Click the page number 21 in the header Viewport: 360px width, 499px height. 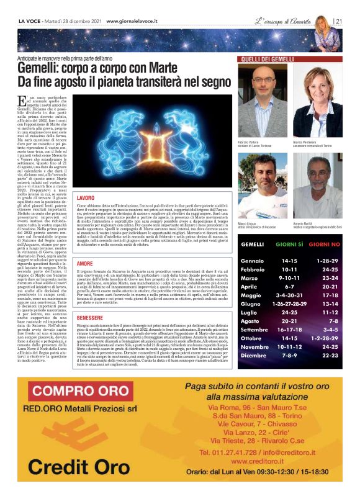pyautogui.click(x=339, y=20)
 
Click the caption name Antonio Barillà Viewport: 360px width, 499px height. pyautogui.click(x=304, y=225)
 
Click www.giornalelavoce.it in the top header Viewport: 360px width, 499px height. pyautogui.click(x=132, y=20)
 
